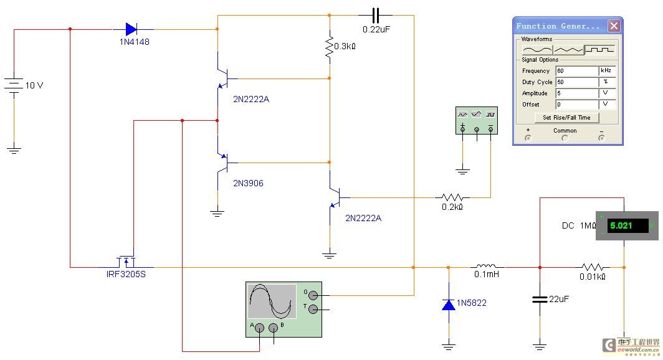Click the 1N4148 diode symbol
point(131,29)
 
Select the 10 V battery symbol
point(14,85)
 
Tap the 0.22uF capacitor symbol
point(375,16)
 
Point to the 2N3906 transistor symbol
point(222,163)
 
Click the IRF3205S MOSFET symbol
point(126,262)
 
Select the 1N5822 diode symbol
point(449,304)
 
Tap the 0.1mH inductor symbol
point(487,266)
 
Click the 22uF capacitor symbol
point(540,299)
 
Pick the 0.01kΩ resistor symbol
point(593,267)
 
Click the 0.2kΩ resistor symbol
point(452,197)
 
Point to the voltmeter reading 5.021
point(627,225)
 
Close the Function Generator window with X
point(614,26)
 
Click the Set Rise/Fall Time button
point(566,118)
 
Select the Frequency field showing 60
point(577,70)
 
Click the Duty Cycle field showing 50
point(577,82)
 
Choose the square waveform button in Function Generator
point(599,50)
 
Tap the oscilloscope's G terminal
point(313,295)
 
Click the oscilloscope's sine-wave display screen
point(272,301)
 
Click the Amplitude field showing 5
point(577,93)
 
